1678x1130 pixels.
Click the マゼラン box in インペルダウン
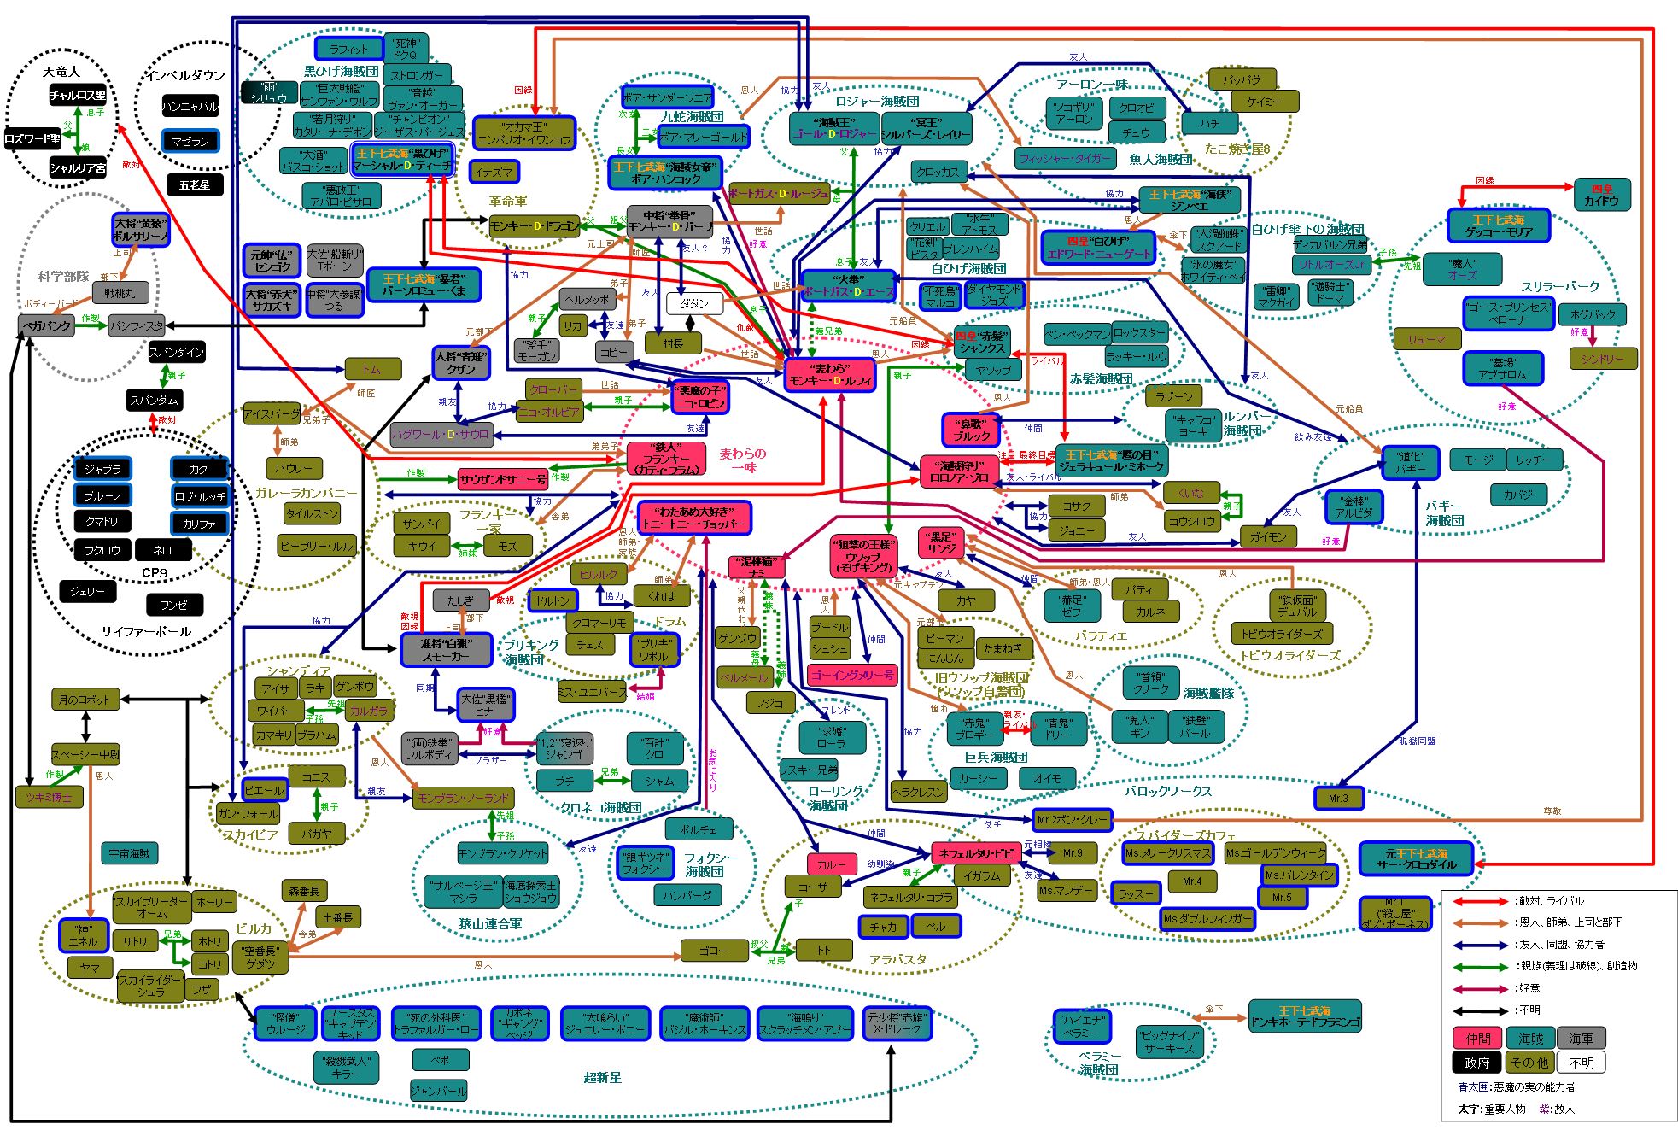[190, 141]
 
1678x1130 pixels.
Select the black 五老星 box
[195, 184]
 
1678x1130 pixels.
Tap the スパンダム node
[155, 400]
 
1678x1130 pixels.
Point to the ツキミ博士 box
[49, 797]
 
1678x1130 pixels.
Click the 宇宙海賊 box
[130, 852]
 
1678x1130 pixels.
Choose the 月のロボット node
[85, 700]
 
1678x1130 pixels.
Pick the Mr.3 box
[1338, 798]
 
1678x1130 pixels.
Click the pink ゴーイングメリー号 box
[852, 675]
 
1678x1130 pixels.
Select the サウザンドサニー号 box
[503, 480]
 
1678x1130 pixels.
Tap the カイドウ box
[1601, 195]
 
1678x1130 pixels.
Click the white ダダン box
[694, 303]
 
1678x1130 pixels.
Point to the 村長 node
[673, 343]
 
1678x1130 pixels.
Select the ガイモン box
[1268, 536]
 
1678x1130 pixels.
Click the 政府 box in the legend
[1476, 1063]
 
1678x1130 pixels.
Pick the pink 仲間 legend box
[1478, 1039]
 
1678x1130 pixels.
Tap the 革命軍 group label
[508, 202]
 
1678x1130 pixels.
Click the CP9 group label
[155, 572]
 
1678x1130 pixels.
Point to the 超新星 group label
[602, 1078]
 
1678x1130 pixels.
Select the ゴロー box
[713, 950]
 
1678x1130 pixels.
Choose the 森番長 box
[304, 891]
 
